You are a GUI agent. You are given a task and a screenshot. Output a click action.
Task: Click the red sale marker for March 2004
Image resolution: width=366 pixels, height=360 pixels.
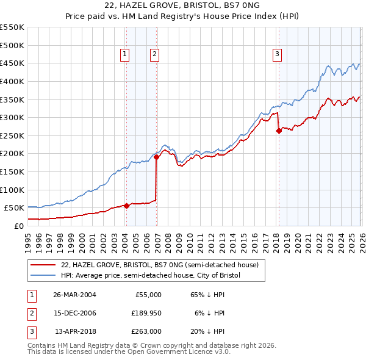tap(126, 206)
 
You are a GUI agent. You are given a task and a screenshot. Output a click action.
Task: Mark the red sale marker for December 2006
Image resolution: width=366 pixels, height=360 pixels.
tap(156, 157)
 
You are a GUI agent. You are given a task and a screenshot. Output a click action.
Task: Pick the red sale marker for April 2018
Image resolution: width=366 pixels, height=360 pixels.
tap(279, 131)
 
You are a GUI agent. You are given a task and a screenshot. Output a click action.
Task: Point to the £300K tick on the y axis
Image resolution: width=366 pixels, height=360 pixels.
tap(12, 117)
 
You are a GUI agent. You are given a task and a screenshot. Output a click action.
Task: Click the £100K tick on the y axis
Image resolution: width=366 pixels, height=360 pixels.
tap(12, 190)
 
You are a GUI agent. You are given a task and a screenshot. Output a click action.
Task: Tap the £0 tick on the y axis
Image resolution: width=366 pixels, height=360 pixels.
tap(18, 226)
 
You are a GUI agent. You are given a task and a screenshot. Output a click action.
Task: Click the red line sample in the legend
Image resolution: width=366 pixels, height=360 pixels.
tap(43, 265)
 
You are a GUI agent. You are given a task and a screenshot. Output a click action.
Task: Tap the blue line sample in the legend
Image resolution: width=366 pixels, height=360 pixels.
tap(43, 275)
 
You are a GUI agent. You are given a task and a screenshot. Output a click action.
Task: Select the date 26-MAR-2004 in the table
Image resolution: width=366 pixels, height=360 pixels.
tap(74, 294)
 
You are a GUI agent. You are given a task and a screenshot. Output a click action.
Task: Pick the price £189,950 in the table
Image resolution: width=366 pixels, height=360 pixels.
tap(145, 313)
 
